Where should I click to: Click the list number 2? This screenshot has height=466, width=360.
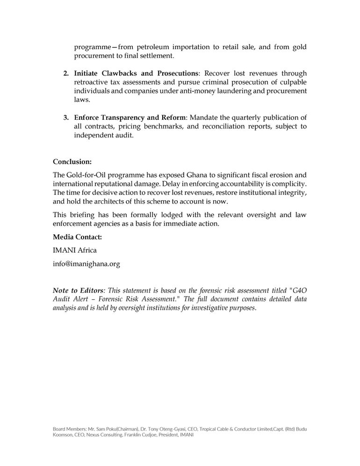coord(66,73)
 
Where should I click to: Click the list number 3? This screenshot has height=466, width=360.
coord(66,117)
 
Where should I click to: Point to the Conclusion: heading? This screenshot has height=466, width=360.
coord(72,161)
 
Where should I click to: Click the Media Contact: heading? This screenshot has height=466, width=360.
coord(77,237)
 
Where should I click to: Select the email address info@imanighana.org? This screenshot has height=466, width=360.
coord(86,264)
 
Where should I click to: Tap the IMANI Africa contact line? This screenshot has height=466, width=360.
coord(75,250)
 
